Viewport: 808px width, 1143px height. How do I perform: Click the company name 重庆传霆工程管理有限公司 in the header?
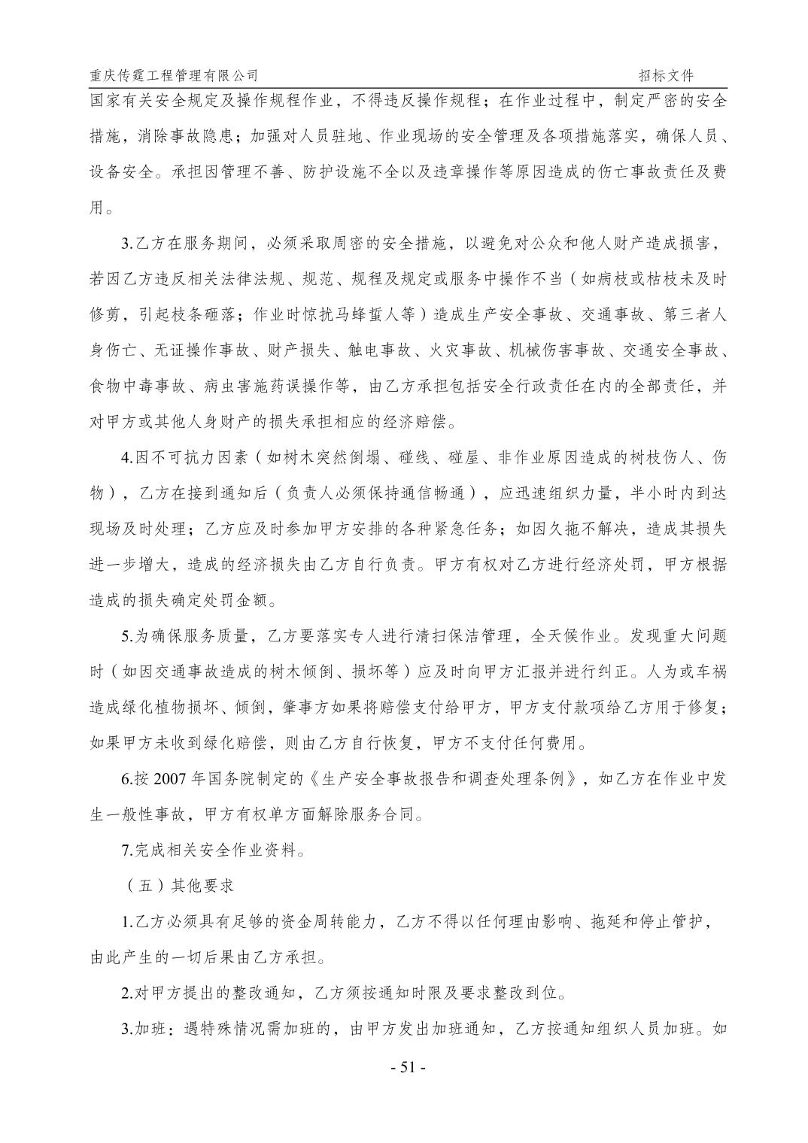[x=174, y=75]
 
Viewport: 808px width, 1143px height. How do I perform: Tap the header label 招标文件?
[x=666, y=75]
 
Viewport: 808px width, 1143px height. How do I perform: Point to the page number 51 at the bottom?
[x=409, y=1067]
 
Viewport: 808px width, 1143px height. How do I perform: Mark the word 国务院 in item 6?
[x=237, y=779]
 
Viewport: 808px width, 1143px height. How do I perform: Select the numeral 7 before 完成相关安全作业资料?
[x=126, y=850]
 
